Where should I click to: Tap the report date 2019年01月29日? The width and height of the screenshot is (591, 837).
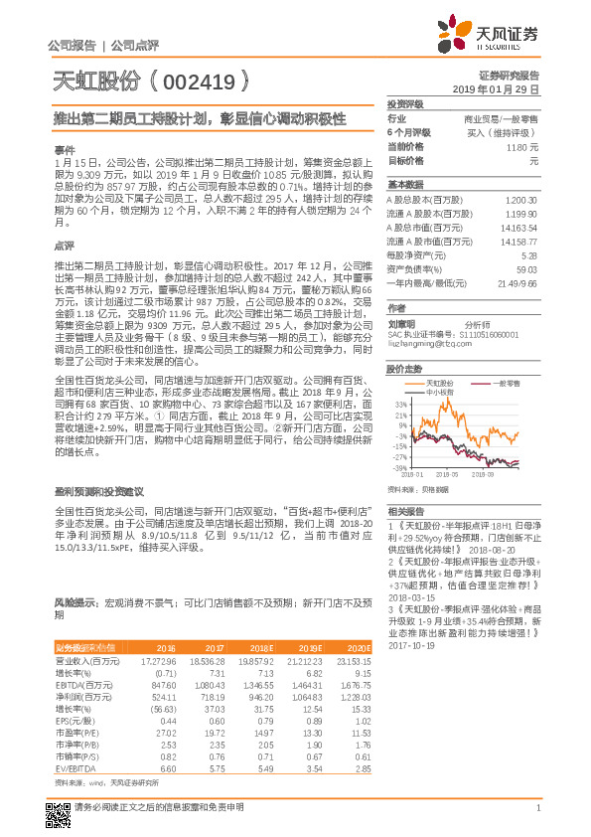pos(503,89)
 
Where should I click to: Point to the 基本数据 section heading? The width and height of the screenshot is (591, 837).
pos(405,185)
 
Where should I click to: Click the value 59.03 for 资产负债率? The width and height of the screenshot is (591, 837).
pos(526,268)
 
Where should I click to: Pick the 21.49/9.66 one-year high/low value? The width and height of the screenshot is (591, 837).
pos(517,282)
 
